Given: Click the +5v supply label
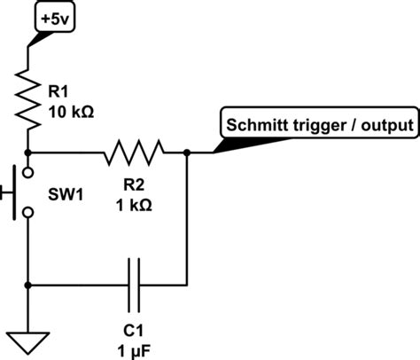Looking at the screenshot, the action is coord(55,20).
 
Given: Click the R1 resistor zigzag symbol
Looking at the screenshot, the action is coord(28,100).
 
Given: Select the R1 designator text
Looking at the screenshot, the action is coord(58,91).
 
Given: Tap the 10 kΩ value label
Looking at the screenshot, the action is coord(71,113).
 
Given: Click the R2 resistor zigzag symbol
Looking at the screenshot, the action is coord(134,153).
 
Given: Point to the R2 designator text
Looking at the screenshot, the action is coord(134,185).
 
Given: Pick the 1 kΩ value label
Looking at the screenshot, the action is coord(134,205).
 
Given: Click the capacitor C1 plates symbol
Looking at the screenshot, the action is coord(134,286).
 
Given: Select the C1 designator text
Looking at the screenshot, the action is coord(133,331).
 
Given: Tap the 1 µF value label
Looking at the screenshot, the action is coord(134,352).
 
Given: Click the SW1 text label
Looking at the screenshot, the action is coord(66,195).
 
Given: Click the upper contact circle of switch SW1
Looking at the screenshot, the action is coord(28,173).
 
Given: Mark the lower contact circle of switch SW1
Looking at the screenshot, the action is coord(28,213).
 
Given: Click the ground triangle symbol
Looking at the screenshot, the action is coord(27,343).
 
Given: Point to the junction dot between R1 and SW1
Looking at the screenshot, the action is coord(28,153).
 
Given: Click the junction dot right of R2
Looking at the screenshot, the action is coord(187,153).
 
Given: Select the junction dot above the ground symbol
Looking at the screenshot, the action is coord(28,286).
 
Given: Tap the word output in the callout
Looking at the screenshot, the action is coord(387,126).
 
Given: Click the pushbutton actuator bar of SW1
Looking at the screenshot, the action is coord(14,192).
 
